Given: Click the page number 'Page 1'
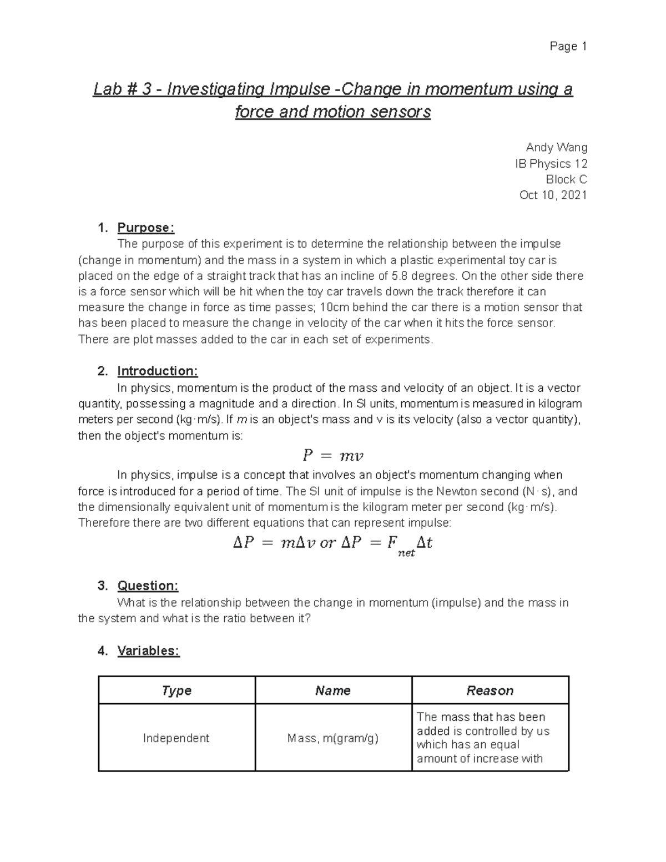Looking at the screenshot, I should [x=568, y=47].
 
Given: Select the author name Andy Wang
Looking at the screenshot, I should [x=556, y=148].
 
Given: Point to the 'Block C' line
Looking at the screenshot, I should [x=566, y=179].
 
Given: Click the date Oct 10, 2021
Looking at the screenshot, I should [x=553, y=195].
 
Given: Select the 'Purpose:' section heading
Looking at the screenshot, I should [x=145, y=228].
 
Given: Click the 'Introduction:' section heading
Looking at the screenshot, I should [x=157, y=371].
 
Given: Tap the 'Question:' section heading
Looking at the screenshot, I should [x=148, y=586].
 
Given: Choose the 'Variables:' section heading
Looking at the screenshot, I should [x=148, y=651].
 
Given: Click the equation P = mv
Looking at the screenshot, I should [x=332, y=456].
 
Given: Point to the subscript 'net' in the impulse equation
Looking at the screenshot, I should [x=407, y=553].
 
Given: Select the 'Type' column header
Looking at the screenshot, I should [x=176, y=690].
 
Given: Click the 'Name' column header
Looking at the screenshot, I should [x=333, y=690].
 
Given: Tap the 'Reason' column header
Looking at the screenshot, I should [x=490, y=690].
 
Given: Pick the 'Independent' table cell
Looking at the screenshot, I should [x=176, y=738].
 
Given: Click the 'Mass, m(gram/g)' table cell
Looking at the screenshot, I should [x=333, y=738].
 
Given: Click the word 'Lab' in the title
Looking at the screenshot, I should [x=107, y=89].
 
